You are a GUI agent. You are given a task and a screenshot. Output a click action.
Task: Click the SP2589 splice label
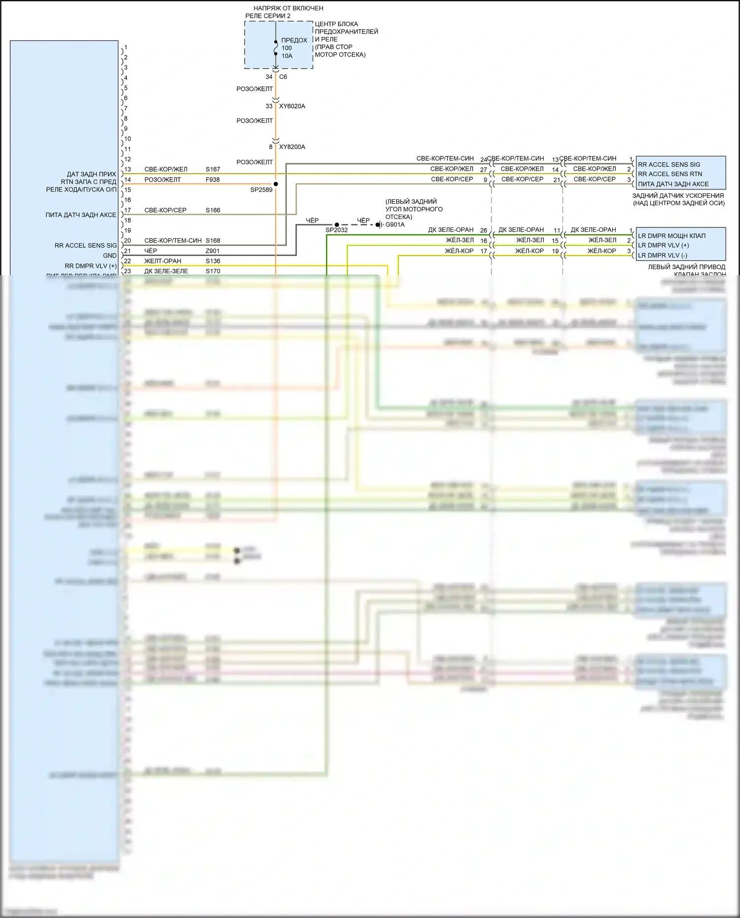click(x=261, y=190)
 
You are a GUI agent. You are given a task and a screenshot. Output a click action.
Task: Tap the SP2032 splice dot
click(x=337, y=224)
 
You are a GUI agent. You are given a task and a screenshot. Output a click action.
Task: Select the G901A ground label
click(x=395, y=225)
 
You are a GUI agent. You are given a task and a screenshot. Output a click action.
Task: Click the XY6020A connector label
click(x=292, y=106)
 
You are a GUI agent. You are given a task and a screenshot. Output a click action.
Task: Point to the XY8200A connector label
click(x=292, y=147)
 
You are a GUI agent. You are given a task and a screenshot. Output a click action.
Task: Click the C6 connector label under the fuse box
click(x=283, y=77)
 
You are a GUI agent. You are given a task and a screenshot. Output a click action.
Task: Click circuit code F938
click(x=213, y=180)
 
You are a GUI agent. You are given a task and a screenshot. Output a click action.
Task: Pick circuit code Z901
click(x=213, y=251)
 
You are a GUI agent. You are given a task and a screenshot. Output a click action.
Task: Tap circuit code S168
click(x=213, y=241)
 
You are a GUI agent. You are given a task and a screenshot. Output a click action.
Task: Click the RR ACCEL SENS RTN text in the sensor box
click(x=669, y=174)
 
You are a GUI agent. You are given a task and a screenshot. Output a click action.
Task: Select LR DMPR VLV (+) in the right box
click(x=663, y=246)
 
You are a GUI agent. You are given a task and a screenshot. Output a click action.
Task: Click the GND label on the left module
click(x=110, y=256)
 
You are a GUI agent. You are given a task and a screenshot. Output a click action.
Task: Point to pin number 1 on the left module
click(x=126, y=47)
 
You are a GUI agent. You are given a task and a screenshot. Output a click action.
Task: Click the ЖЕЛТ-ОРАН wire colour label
click(x=163, y=261)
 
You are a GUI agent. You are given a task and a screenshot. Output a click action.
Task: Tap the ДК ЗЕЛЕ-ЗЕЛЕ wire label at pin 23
click(x=166, y=271)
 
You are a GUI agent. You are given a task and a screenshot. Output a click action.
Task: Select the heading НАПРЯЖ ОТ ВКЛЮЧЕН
click(x=288, y=8)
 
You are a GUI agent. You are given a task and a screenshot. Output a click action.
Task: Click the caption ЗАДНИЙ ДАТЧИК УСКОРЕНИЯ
click(x=678, y=196)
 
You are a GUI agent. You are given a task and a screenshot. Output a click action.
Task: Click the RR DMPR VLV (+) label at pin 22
click(x=91, y=266)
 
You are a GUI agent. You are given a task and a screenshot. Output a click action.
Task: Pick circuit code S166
click(x=213, y=210)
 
